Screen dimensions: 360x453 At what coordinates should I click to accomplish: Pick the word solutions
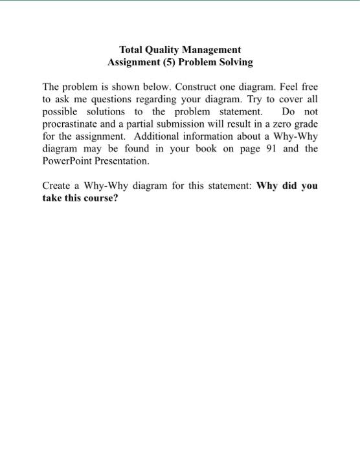coord(106,111)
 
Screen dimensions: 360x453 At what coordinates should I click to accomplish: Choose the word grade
coord(306,124)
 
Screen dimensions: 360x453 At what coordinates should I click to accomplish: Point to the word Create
coord(56,186)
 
